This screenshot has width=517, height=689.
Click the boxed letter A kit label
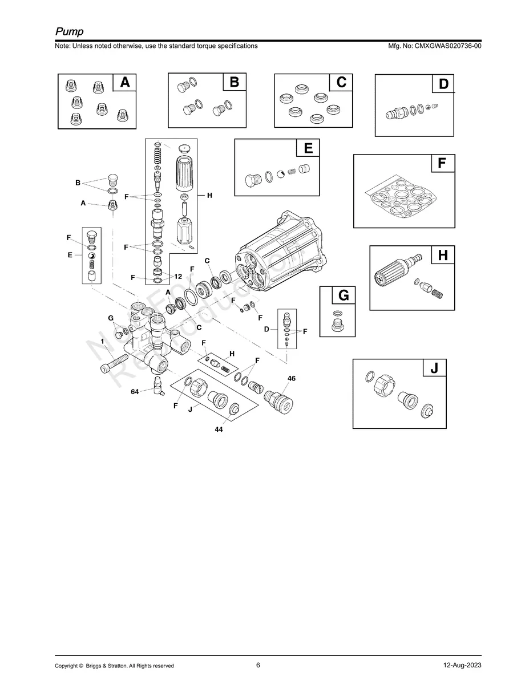click(124, 83)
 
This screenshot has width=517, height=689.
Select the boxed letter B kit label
click(234, 82)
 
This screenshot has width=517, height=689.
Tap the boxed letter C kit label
click(341, 82)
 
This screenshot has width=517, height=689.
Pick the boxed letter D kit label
click(443, 84)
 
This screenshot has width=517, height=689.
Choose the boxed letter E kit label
click(308, 148)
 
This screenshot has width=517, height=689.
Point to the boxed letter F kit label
click(442, 164)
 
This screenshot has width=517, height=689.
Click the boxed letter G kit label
click(343, 295)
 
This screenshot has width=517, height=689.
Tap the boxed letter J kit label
click(434, 368)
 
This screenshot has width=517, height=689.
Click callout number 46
click(292, 378)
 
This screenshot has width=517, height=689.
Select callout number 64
click(135, 391)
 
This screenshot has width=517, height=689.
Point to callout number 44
click(219, 429)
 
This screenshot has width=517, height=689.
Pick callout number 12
click(178, 276)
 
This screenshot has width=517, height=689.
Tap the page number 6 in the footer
click(258, 665)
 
